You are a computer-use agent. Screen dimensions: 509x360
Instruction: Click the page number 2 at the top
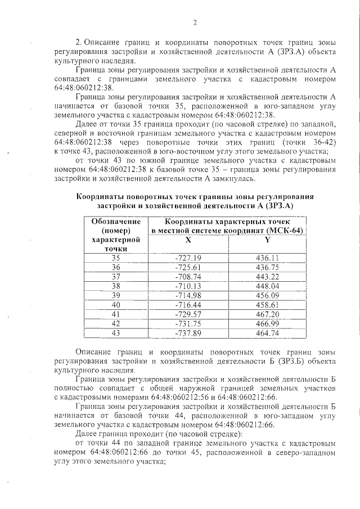click(195, 23)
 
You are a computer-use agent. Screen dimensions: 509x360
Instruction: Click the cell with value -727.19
click(188, 258)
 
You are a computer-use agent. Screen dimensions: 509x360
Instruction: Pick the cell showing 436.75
click(268, 267)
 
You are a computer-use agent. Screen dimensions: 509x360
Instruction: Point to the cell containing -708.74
click(188, 276)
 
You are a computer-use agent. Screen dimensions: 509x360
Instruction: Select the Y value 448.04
click(268, 285)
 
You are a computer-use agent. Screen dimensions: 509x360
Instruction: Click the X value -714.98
click(188, 295)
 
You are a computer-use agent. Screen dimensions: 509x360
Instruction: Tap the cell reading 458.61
click(268, 304)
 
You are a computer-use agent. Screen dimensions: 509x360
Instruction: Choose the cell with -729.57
click(188, 313)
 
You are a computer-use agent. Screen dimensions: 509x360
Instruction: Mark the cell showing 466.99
click(268, 323)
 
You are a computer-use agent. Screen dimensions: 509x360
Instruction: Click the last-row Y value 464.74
click(268, 332)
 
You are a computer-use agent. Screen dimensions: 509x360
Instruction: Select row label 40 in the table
click(116, 304)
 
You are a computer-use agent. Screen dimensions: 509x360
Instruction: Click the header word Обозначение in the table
click(116, 222)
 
